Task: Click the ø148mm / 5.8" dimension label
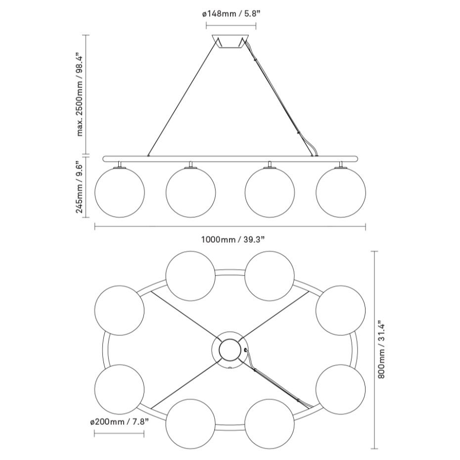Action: pyautogui.click(x=231, y=14)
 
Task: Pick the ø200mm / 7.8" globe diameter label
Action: pyautogui.click(x=119, y=421)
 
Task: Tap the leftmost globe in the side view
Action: pyautogui.click(x=119, y=192)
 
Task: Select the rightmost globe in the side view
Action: pyautogui.click(x=341, y=192)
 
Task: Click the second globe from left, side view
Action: pyautogui.click(x=190, y=192)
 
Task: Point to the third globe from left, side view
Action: pyautogui.click(x=270, y=192)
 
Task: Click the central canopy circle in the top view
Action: pyautogui.click(x=229, y=350)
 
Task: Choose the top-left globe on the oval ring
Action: pyautogui.click(x=190, y=276)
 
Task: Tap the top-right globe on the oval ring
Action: pyautogui.click(x=270, y=276)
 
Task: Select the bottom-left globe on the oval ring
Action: pyautogui.click(x=190, y=424)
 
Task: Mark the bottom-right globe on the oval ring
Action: pyautogui.click(x=270, y=424)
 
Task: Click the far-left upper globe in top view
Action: pyautogui.click(x=119, y=310)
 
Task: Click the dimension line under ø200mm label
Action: pyautogui.click(x=119, y=435)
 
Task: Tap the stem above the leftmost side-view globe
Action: pyautogui.click(x=119, y=164)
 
